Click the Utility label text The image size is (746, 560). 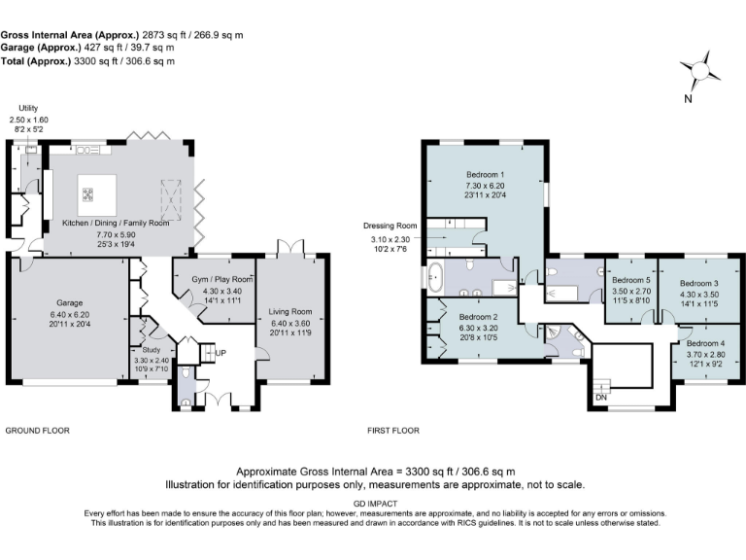(x=27, y=110)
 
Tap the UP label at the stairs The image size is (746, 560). (x=220, y=352)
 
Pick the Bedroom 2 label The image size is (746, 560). (x=478, y=317)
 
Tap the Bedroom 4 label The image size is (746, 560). (x=705, y=344)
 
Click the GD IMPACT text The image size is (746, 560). (x=372, y=504)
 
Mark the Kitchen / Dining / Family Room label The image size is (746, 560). (x=116, y=223)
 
